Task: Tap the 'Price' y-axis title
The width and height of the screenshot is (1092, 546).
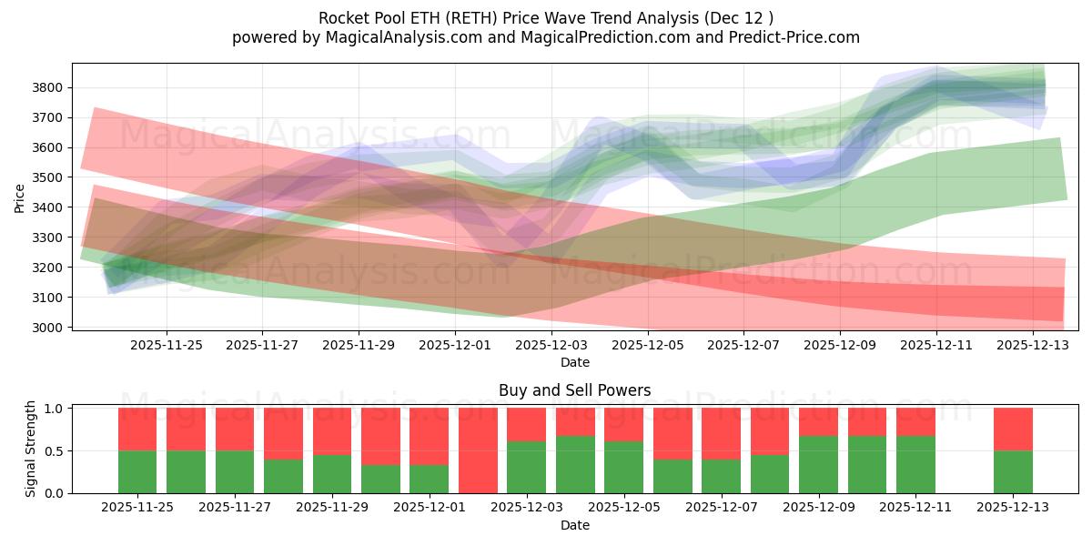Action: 19,197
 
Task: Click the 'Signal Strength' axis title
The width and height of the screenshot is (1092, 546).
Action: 31,449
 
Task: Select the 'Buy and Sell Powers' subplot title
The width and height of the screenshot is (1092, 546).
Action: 574,390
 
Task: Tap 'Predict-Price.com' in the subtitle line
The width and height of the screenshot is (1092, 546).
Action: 789,37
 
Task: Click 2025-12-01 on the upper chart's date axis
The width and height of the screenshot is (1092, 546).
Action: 455,346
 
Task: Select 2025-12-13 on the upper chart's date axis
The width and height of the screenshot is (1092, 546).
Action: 1033,346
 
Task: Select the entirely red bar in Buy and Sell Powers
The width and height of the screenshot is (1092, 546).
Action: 478,450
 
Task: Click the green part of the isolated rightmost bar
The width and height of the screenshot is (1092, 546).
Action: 1013,471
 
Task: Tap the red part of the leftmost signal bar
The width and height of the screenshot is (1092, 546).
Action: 137,429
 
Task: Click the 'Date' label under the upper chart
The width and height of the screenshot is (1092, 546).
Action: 574,362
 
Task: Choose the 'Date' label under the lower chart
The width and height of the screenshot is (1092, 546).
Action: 574,525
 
